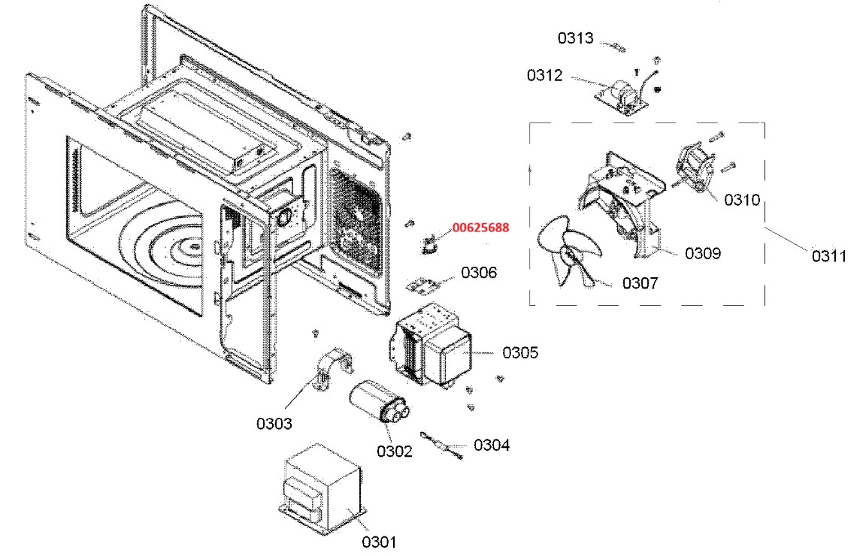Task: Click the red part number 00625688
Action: (480, 228)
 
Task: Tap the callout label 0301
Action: (379, 542)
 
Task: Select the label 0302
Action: (395, 451)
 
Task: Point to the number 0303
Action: (274, 424)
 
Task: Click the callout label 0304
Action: (492, 445)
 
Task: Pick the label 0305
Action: (519, 352)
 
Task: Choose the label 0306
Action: (479, 272)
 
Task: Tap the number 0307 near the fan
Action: (640, 283)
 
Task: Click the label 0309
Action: (703, 253)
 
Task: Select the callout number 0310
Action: (742, 200)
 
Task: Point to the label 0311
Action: (829, 256)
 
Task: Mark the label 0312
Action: (544, 75)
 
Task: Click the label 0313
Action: (576, 38)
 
